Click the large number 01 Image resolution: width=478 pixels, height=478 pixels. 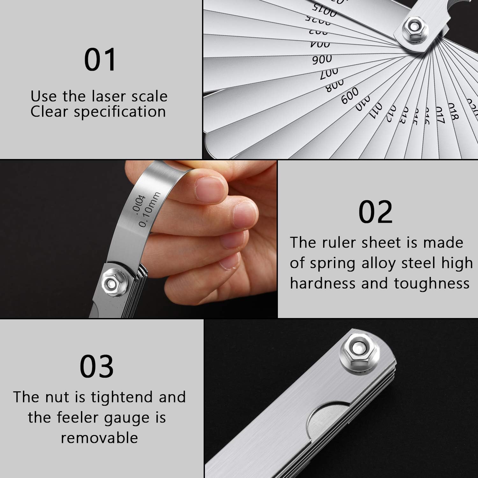100,60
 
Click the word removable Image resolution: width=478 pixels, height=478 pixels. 99,438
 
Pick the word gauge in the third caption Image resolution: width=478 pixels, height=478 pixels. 128,418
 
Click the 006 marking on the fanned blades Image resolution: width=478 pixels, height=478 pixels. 322,60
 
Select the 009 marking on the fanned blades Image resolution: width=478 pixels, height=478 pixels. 350,95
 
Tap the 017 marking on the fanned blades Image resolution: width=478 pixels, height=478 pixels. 440,115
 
